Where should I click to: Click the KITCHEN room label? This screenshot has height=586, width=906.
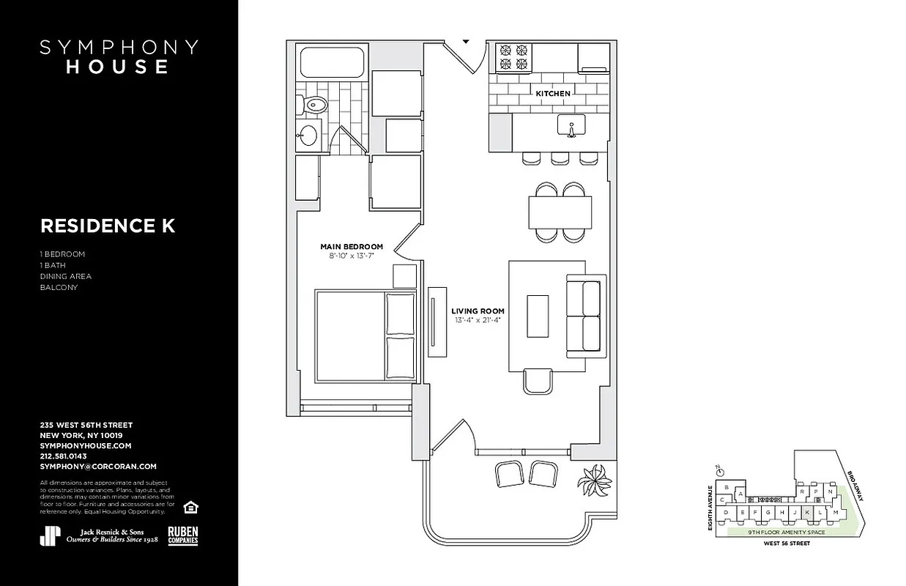pyautogui.click(x=552, y=94)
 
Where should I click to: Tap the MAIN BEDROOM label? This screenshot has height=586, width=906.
pyautogui.click(x=351, y=247)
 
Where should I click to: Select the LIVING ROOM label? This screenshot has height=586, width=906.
pyautogui.click(x=478, y=311)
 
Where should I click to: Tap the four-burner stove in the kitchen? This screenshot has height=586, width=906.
pyautogui.click(x=513, y=58)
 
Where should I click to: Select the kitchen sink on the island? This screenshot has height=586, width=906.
pyautogui.click(x=571, y=127)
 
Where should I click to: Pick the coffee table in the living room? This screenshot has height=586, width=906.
pyautogui.click(x=538, y=316)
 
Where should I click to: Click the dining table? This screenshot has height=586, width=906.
pyautogui.click(x=560, y=212)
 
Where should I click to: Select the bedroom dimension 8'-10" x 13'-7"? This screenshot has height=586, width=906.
pyautogui.click(x=351, y=257)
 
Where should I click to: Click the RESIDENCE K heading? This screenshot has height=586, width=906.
pyautogui.click(x=108, y=226)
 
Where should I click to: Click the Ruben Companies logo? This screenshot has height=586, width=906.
pyautogui.click(x=183, y=535)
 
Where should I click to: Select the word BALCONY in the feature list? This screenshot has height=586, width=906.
pyautogui.click(x=59, y=287)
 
